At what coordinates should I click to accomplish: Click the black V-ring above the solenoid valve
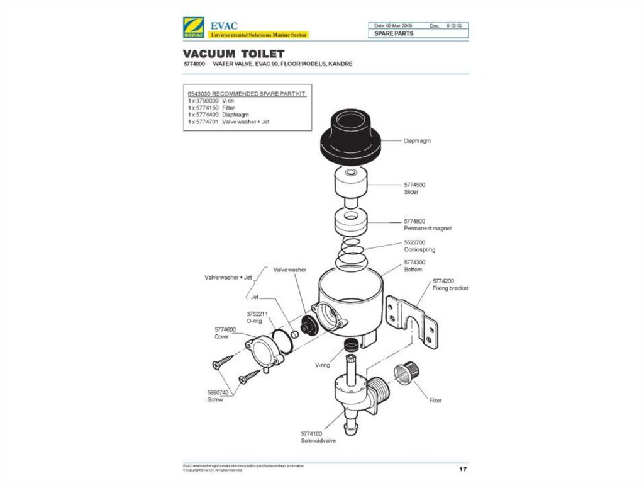(353, 344)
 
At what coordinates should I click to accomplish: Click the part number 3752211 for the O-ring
(257, 313)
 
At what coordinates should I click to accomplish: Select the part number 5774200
(443, 281)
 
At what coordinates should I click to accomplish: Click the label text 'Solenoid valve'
(318, 441)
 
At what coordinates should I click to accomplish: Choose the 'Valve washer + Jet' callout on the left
(228, 276)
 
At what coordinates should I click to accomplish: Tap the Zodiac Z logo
(191, 29)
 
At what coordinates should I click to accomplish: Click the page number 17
(463, 469)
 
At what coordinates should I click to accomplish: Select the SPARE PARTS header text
(394, 33)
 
